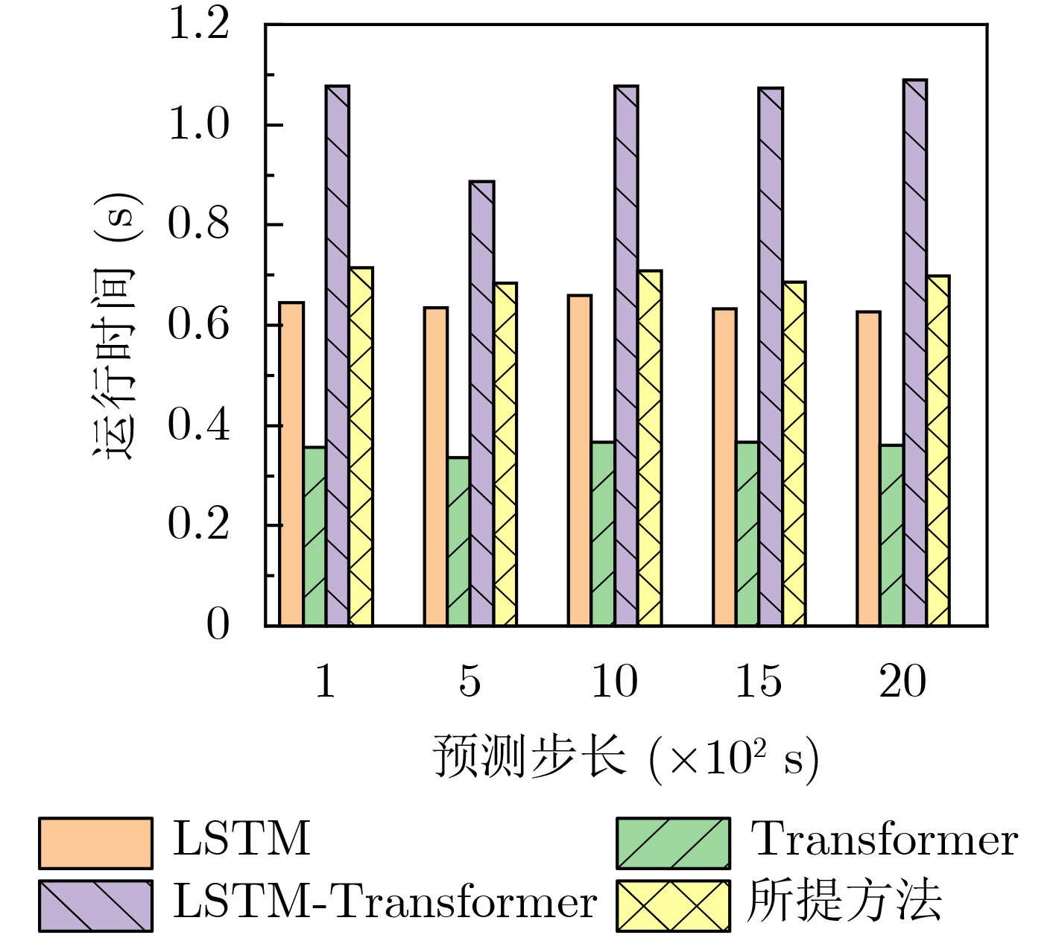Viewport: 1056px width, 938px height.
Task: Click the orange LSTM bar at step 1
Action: tap(291, 463)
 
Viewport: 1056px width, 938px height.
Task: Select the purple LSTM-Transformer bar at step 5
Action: tap(481, 402)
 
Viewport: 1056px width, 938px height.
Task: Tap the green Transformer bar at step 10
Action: tap(603, 533)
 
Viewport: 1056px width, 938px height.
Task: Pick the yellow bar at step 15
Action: tap(794, 453)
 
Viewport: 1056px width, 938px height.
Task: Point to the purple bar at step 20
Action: tap(914, 352)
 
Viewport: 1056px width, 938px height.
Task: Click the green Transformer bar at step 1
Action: tap(314, 536)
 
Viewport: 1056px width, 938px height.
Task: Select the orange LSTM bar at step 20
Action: tap(868, 468)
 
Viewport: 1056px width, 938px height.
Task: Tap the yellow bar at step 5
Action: tap(505, 454)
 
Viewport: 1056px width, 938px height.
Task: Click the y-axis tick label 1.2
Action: tap(198, 25)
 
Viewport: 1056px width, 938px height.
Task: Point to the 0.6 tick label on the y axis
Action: tap(198, 326)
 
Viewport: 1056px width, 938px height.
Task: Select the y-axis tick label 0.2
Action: tap(198, 525)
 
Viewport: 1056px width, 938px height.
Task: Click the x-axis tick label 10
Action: tap(614, 681)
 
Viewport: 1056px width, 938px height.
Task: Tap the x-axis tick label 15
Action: tap(758, 681)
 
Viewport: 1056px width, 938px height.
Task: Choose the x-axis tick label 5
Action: tap(469, 681)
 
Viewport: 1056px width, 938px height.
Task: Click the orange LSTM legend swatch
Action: tap(95, 843)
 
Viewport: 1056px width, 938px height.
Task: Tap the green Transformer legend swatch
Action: tap(673, 843)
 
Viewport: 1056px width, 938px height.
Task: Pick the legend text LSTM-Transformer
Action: tap(385, 903)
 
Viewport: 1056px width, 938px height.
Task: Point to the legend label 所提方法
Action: tap(844, 903)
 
